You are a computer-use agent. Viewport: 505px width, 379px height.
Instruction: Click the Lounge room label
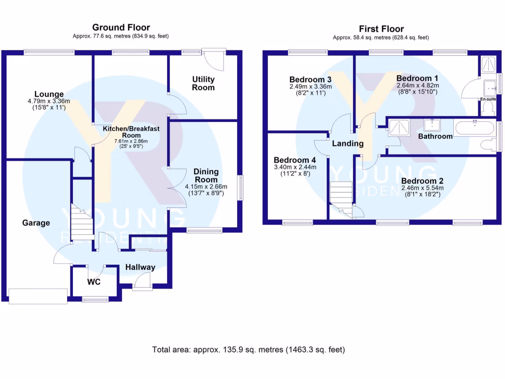49,94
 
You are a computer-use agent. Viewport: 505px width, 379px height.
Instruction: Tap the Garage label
36,223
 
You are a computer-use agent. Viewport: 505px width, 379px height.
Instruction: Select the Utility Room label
203,83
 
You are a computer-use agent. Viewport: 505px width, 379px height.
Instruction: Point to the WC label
94,282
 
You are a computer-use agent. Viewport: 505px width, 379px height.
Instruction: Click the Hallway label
140,267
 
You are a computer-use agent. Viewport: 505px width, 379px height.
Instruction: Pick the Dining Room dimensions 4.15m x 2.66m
206,187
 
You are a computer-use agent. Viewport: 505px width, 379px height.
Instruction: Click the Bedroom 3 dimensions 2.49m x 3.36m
311,87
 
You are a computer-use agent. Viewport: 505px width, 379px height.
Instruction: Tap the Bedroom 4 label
295,160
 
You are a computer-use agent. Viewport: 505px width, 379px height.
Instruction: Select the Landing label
348,144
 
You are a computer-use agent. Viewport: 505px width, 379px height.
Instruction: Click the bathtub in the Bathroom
473,128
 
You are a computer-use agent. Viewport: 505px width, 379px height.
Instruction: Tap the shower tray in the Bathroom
399,127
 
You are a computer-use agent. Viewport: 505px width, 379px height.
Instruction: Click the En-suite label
488,99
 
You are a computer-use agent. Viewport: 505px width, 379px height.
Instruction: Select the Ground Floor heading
121,28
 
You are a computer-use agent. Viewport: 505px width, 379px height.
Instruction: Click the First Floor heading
381,29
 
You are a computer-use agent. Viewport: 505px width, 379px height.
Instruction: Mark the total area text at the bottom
249,350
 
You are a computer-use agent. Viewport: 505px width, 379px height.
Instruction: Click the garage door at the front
38,296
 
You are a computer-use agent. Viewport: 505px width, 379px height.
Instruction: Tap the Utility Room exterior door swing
213,59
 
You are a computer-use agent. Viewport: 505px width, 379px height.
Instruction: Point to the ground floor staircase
82,222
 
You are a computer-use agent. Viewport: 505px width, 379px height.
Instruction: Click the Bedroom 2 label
422,181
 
